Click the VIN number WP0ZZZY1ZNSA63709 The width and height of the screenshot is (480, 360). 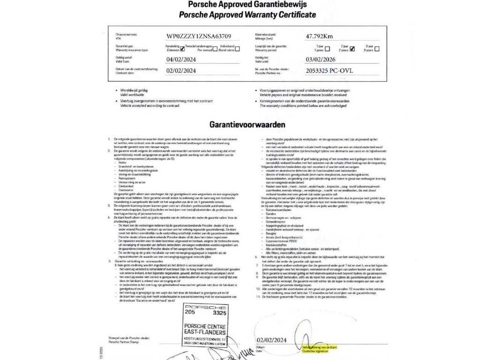pyautogui.click(x=198, y=36)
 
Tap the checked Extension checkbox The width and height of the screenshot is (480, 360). pyautogui.click(x=182, y=49)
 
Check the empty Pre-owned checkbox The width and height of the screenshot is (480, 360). pyautogui.click(x=215, y=49)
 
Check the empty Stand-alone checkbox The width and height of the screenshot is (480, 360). pyautogui.click(x=237, y=49)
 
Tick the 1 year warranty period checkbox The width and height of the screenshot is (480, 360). pyautogui.click(x=327, y=48)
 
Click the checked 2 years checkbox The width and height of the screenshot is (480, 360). pyautogui.click(x=352, y=48)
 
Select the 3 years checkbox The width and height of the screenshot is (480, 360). pyautogui.click(x=377, y=48)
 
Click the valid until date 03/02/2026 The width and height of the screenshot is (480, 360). pyautogui.click(x=321, y=60)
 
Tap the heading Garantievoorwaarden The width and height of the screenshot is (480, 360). pyautogui.click(x=247, y=125)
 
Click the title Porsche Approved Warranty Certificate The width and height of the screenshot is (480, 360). pyautogui.click(x=247, y=15)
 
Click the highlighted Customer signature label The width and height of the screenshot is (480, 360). pyautogui.click(x=315, y=351)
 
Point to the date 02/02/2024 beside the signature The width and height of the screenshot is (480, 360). pyautogui.click(x=272, y=340)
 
